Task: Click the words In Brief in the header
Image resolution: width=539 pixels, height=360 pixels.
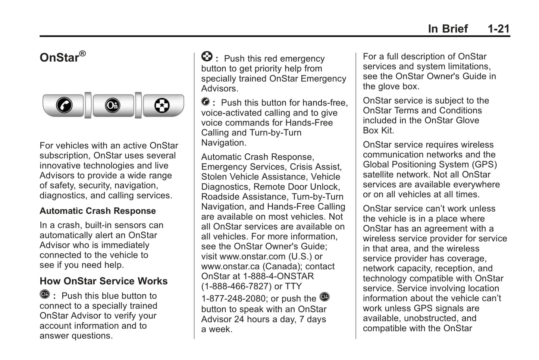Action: click(x=448, y=29)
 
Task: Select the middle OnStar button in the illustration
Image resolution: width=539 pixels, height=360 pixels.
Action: click(x=113, y=105)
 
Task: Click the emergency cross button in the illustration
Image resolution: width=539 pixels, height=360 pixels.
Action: click(x=162, y=105)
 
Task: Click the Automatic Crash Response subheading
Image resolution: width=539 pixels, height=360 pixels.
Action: click(x=98, y=211)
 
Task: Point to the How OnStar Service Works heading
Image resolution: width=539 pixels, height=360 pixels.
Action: click(x=104, y=281)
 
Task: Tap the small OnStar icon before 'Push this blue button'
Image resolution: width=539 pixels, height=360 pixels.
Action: click(x=44, y=294)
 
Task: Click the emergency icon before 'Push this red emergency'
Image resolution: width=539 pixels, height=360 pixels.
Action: click(x=207, y=57)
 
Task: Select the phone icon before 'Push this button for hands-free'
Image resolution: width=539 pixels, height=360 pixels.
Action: click(x=206, y=101)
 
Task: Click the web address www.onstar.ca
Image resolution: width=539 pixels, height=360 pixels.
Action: click(x=231, y=267)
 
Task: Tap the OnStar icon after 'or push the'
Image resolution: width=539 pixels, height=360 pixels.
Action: click(x=325, y=297)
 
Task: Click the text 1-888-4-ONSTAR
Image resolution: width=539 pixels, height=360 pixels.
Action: click(x=278, y=276)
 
